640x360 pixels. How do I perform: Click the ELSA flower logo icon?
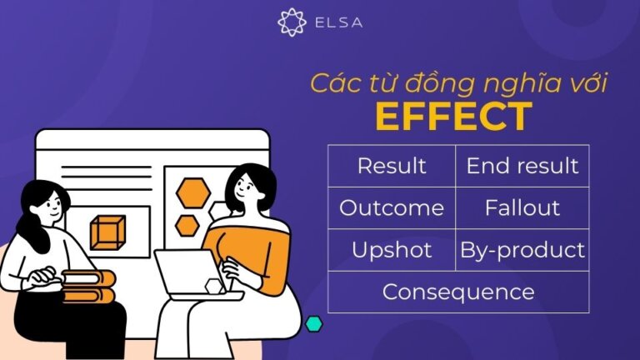292,22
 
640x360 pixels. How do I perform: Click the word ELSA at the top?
337,23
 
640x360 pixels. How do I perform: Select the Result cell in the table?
391,166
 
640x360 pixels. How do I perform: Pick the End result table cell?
522,166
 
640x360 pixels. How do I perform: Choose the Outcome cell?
391,207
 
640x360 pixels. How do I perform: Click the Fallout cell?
522,207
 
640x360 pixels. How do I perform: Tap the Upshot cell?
391,250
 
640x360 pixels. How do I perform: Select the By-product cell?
522,250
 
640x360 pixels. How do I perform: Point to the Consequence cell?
457,292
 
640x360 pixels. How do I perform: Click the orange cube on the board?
107,232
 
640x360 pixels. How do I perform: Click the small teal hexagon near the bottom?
313,324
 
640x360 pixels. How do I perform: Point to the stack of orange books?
87,287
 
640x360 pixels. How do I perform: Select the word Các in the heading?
332,83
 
